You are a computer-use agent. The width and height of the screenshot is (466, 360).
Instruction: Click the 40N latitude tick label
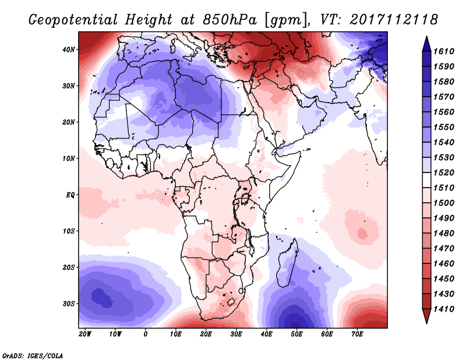point(69,50)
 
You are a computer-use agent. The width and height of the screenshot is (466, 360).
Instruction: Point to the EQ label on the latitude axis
point(70,195)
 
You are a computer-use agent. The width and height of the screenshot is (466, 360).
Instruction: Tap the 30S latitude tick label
point(69,303)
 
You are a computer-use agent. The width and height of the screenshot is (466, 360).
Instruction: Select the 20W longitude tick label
point(85,334)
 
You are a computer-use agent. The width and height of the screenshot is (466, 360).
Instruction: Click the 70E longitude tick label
point(358,334)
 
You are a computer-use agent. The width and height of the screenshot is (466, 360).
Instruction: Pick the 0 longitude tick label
point(146,334)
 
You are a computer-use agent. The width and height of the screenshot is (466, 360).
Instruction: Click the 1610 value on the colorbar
point(447,51)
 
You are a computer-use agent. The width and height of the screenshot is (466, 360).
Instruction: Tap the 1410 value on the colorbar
point(447,308)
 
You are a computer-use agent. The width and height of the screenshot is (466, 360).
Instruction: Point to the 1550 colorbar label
point(447,125)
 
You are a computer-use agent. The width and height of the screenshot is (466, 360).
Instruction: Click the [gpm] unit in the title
point(284,20)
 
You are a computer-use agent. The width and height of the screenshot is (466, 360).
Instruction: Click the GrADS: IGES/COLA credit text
point(33,355)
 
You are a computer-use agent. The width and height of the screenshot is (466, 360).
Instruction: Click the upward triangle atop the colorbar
point(426,41)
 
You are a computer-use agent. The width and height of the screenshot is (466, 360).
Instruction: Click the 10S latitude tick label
point(69,231)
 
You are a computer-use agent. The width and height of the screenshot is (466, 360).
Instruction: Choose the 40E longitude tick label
point(267,334)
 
